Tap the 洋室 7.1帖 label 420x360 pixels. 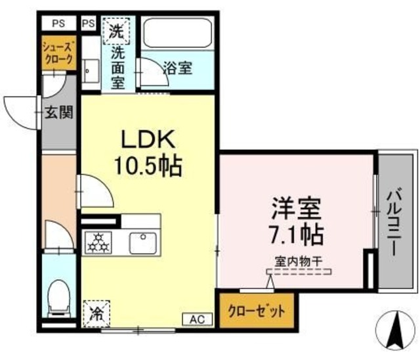coord(295,221)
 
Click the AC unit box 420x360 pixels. coord(198,319)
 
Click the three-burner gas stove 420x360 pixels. coord(99,242)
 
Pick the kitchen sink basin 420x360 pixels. coord(142,243)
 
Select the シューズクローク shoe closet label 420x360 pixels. coord(58,53)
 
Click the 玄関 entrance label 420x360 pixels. coord(58,112)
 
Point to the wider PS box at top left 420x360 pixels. coord(58,23)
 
